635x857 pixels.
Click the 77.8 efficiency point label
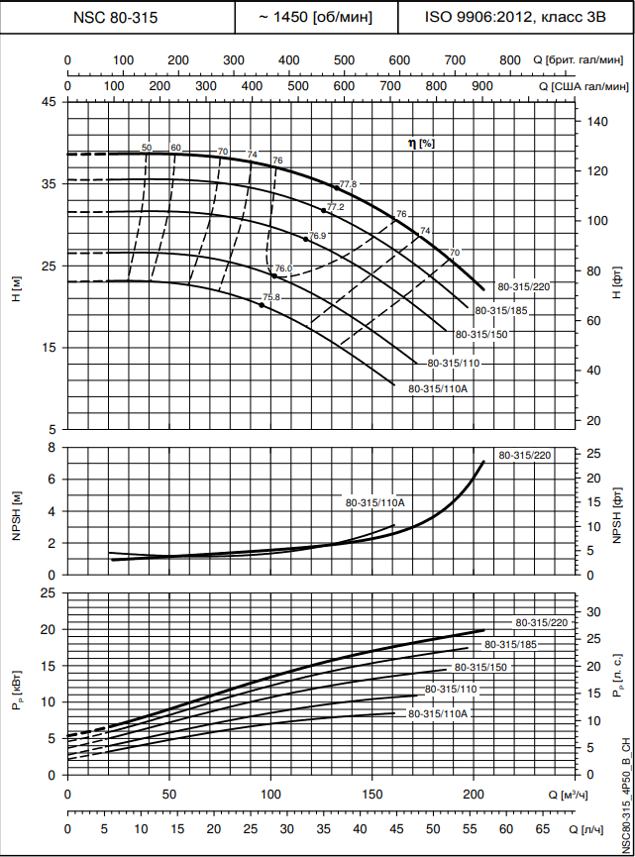coord(348,184)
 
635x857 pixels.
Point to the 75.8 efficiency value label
coord(271,297)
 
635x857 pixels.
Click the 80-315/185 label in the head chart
coord(500,311)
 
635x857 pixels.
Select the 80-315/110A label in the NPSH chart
coord(374,503)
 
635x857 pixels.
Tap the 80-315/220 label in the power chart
coord(541,622)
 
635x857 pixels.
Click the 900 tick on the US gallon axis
coord(481,87)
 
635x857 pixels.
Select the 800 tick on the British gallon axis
coord(509,60)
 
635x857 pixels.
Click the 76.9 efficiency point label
coord(317,236)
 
